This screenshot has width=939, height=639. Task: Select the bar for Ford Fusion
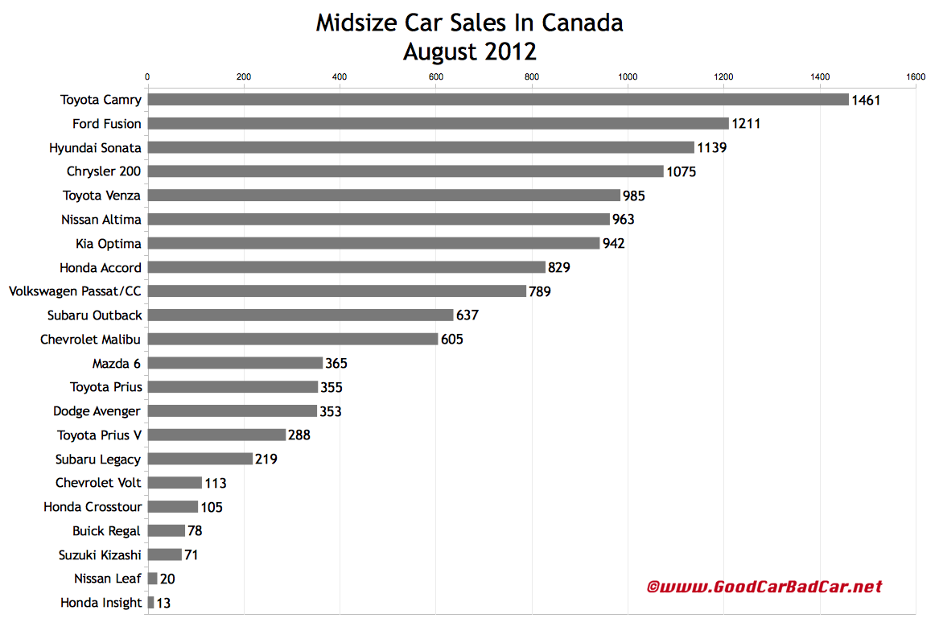coord(439,124)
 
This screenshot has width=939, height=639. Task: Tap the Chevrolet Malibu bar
coord(293,340)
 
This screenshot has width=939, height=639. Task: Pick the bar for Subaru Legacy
coord(200,459)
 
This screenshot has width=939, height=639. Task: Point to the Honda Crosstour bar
coord(173,507)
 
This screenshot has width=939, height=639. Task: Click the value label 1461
coord(867,101)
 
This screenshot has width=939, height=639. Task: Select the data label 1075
coord(681,171)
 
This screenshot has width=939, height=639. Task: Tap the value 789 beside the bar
coord(541,291)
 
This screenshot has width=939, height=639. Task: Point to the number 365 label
coord(336,364)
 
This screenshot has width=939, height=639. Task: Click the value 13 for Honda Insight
coord(164,603)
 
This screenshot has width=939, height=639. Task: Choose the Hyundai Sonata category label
coord(95,148)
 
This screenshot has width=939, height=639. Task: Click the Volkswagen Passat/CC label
coord(75,291)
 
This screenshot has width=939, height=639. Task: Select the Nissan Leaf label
coord(108,579)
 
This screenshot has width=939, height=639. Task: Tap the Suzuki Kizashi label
coord(100,554)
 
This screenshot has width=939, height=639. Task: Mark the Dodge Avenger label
coord(97,411)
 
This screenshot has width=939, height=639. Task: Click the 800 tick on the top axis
coord(532,77)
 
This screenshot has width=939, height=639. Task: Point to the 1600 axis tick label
coord(915,77)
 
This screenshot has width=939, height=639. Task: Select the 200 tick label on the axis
coord(244,77)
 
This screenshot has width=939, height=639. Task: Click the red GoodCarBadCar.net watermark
coord(764,587)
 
